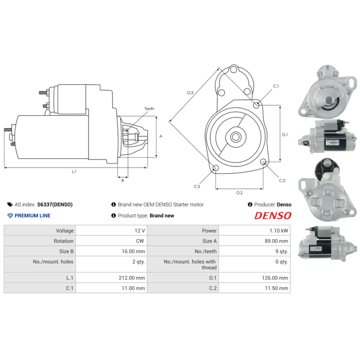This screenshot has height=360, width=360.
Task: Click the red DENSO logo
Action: coord(273,216)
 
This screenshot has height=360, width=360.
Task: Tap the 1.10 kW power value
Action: coord(279,230)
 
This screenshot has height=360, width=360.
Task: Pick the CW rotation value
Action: coord(139,241)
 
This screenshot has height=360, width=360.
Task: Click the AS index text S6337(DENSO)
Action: coord(54,204)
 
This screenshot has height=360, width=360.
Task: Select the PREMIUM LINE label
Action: coord(32,216)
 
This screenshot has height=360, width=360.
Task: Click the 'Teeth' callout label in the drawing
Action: coord(149,109)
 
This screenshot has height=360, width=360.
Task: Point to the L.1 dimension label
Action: coord(74,171)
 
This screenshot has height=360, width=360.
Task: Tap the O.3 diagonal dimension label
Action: coord(190,92)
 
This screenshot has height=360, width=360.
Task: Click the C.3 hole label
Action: coord(197,186)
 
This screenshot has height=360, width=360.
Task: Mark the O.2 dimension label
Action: coord(239,193)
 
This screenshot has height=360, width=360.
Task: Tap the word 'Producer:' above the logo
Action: coord(265,204)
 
